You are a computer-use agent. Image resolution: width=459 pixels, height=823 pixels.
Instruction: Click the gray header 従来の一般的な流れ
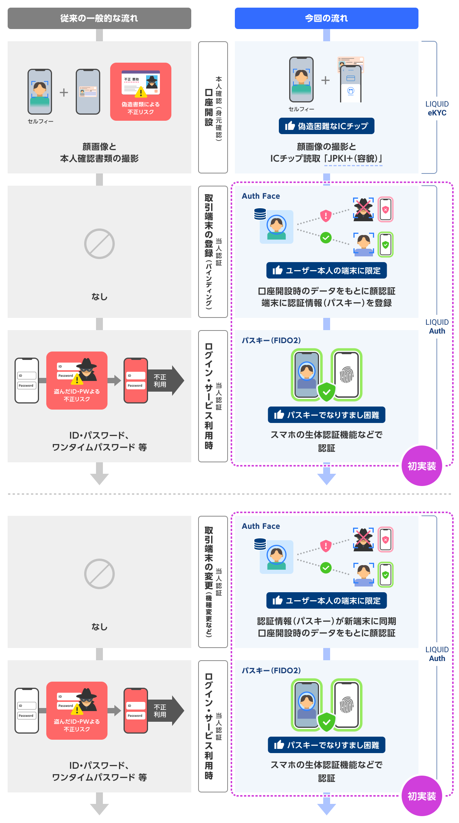pyautogui.click(x=99, y=18)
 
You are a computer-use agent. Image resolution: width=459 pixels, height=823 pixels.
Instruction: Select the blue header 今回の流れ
pyautogui.click(x=326, y=18)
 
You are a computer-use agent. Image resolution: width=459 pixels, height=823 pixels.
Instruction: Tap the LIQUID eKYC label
pyautogui.click(x=437, y=109)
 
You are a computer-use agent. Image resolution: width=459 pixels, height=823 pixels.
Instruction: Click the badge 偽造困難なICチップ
pyautogui.click(x=327, y=126)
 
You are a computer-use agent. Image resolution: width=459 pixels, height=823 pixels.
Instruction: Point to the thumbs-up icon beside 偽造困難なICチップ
pyautogui.click(x=290, y=126)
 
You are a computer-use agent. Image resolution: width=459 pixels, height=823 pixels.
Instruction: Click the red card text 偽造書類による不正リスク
pyautogui.click(x=141, y=108)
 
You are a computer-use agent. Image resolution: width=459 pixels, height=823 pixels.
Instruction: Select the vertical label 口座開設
pyautogui.click(x=209, y=107)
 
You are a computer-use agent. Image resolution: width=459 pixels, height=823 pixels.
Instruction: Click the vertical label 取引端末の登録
pyautogui.click(x=209, y=225)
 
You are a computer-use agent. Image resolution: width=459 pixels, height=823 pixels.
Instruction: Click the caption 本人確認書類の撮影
pyautogui.click(x=99, y=159)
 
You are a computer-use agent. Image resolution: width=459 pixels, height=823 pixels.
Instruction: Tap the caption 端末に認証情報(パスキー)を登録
pyautogui.click(x=327, y=303)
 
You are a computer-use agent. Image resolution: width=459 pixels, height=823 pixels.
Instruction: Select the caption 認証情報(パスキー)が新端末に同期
pyautogui.click(x=327, y=621)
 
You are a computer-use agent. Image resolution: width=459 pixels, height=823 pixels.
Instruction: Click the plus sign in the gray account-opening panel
pyautogui.click(x=64, y=92)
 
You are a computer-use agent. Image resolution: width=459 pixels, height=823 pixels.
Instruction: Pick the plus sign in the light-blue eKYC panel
pyautogui.click(x=326, y=80)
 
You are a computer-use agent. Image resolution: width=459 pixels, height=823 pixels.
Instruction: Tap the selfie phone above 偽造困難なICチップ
pyautogui.click(x=301, y=79)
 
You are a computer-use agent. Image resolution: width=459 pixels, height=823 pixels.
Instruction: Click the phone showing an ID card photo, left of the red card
pyautogui.click(x=88, y=92)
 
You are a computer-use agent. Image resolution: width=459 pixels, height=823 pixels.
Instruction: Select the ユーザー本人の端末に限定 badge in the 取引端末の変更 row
pyautogui.click(x=327, y=601)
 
